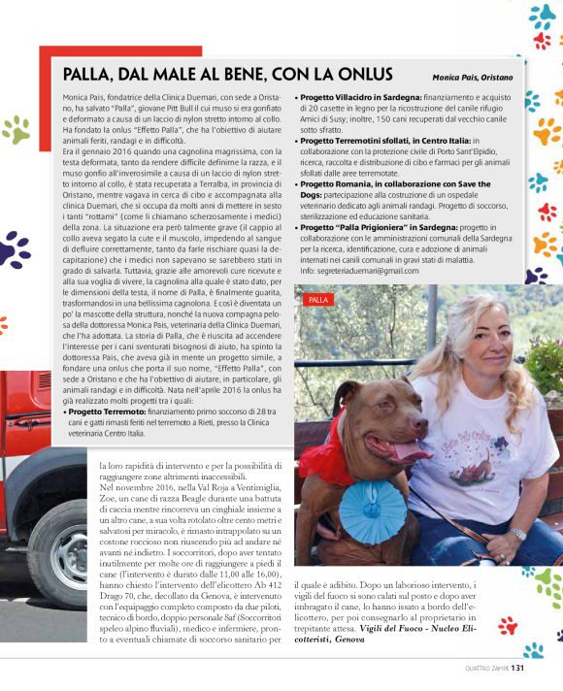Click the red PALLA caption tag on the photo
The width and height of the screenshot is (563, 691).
[x=319, y=300]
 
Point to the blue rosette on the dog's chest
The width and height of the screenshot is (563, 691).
[x=373, y=510]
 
